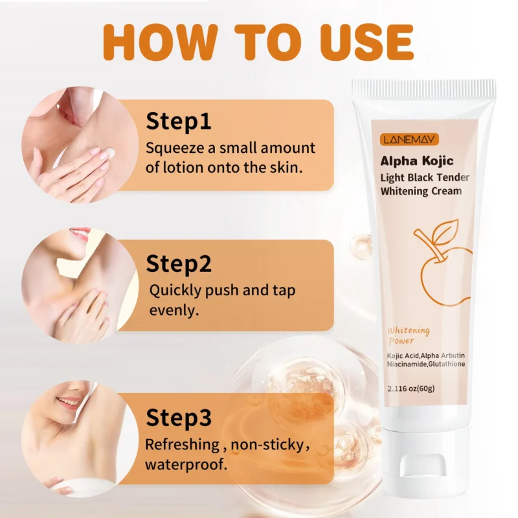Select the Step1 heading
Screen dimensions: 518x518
(179, 121)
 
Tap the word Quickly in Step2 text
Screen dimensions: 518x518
(177, 289)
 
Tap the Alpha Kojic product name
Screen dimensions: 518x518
(416, 161)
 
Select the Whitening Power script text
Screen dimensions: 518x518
(409, 335)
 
